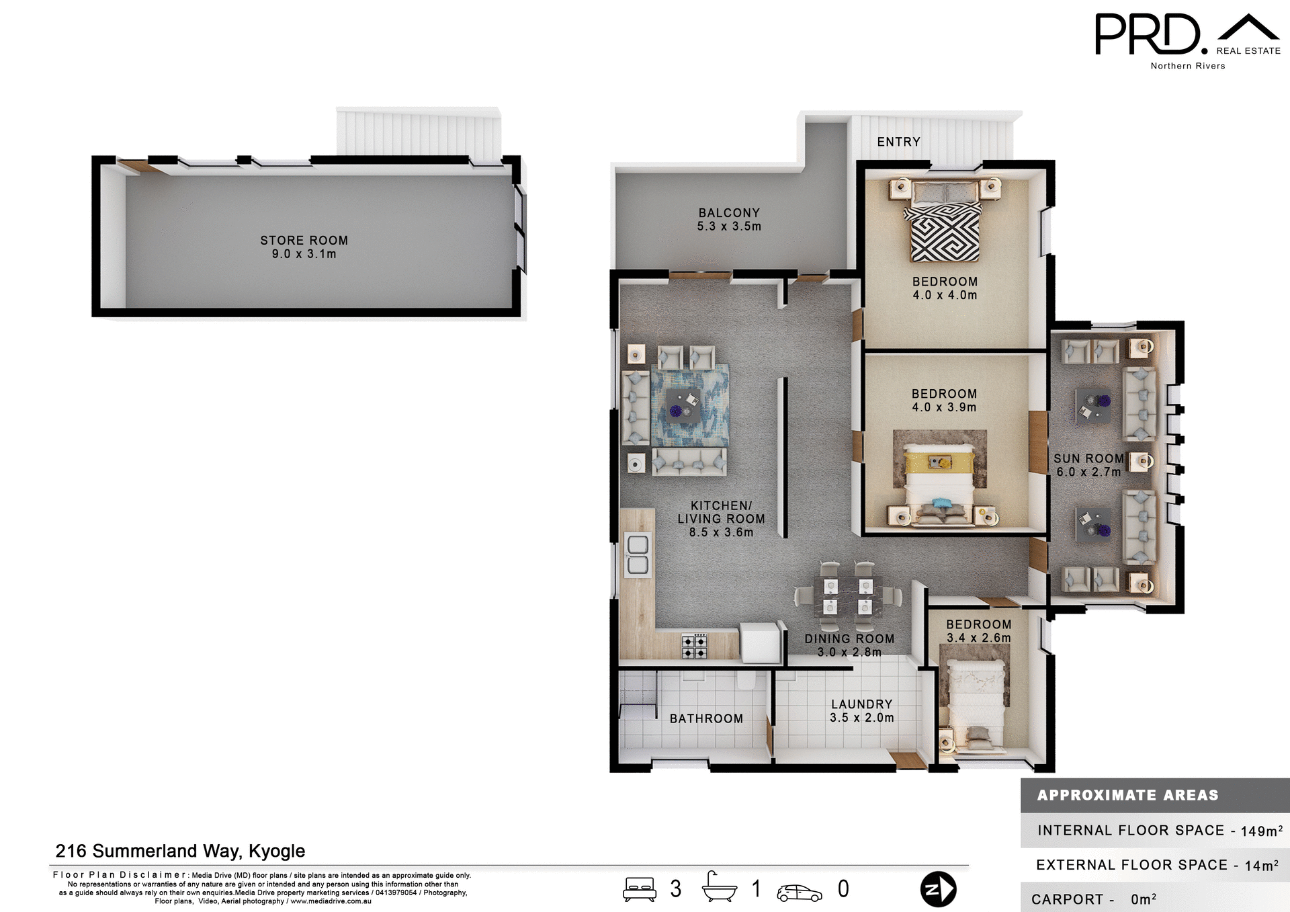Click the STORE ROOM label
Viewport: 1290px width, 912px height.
[304, 241]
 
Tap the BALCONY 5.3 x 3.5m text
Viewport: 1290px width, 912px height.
[729, 219]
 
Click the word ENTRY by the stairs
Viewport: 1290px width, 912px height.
[898, 142]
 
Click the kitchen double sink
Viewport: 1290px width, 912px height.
[638, 554]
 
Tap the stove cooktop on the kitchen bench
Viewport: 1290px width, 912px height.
[694, 646]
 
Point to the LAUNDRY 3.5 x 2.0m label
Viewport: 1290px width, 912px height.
[861, 710]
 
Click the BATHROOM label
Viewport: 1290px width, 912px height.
[706, 718]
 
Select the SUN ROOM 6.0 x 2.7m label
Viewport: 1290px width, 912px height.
[1088, 465]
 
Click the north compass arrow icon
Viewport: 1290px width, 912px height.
[938, 889]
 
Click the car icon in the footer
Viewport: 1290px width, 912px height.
[800, 893]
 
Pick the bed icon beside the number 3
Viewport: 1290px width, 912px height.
[640, 888]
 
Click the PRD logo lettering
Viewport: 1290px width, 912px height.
[1147, 35]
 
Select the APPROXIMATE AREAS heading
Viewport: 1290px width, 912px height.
[1127, 795]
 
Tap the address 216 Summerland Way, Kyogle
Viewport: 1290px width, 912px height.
[180, 851]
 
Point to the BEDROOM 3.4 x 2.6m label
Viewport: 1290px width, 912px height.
[978, 631]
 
